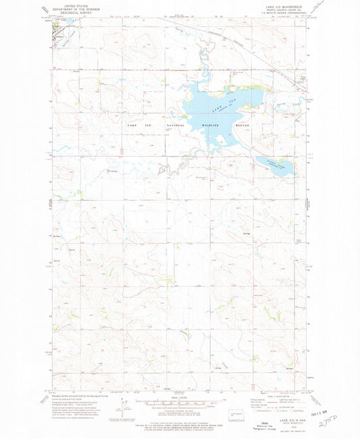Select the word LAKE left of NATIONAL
[132, 126]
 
